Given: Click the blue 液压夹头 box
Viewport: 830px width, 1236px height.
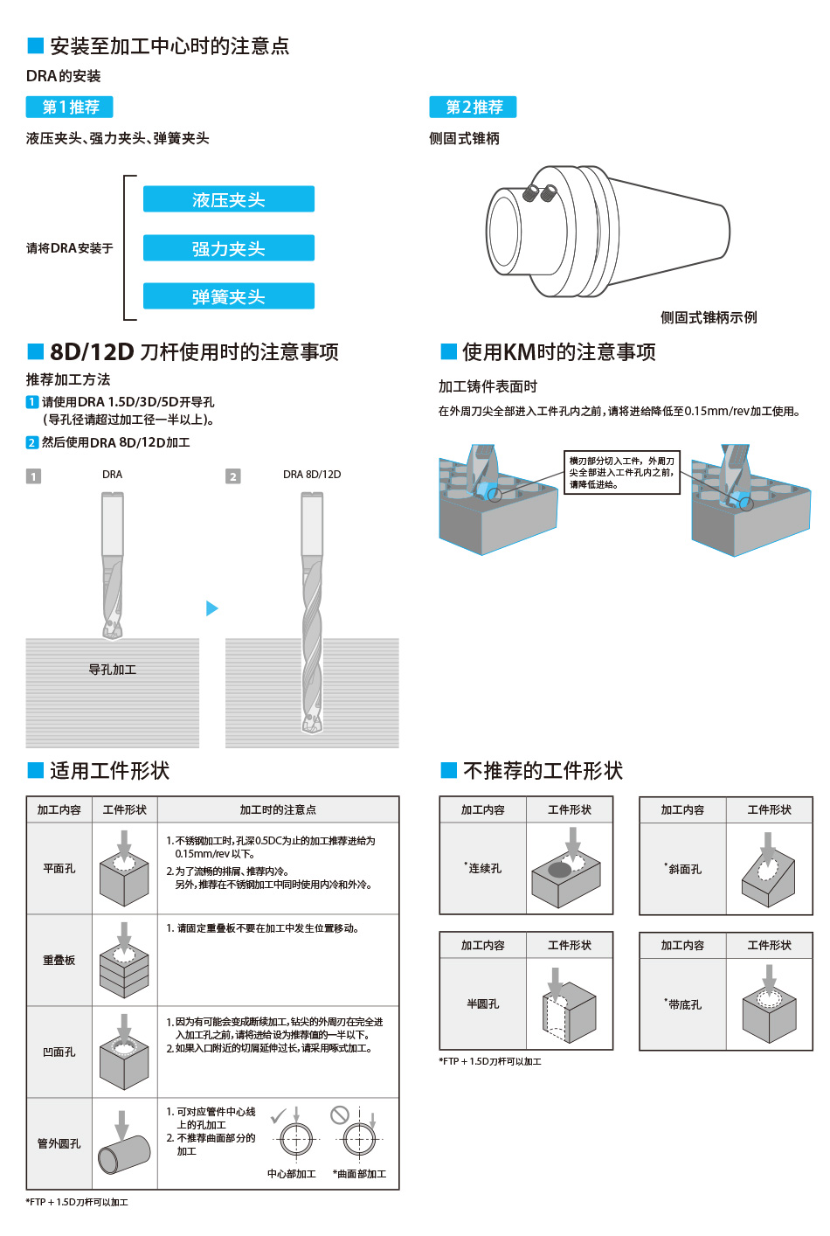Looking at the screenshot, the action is click(x=228, y=198).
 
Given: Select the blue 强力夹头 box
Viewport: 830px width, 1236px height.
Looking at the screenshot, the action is click(x=228, y=247).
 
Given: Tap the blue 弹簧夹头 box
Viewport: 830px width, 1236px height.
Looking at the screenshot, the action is click(x=228, y=295).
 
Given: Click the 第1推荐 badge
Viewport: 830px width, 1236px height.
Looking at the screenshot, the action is click(x=70, y=107).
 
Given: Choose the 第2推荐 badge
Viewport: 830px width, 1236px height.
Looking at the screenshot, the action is click(x=473, y=107).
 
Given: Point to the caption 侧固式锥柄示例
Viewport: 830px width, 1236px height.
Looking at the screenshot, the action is click(x=709, y=317).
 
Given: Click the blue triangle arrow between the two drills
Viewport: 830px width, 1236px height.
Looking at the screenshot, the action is click(x=211, y=608).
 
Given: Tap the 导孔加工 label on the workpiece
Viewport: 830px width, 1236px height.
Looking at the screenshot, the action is click(x=113, y=670).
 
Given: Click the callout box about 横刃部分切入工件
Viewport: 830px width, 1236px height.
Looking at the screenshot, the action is click(x=621, y=472).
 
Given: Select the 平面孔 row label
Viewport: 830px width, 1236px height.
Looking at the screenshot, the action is click(x=59, y=869).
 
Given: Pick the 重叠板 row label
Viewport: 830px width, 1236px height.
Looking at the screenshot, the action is click(x=59, y=960).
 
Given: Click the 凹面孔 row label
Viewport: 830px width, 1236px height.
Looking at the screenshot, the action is click(x=59, y=1052).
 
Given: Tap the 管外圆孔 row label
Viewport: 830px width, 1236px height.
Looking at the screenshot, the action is click(x=59, y=1144).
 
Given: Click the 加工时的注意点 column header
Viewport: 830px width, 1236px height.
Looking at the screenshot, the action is click(x=278, y=809).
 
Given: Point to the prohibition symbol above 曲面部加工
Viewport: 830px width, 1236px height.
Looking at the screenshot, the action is click(x=339, y=1115).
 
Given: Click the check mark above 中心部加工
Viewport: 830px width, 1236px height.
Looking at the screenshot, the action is click(x=279, y=1115).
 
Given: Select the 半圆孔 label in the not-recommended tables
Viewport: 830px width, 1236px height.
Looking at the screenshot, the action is click(x=483, y=1004).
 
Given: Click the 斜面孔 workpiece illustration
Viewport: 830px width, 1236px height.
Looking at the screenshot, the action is click(x=768, y=870).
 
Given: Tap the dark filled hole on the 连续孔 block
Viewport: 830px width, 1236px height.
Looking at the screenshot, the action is click(x=560, y=870).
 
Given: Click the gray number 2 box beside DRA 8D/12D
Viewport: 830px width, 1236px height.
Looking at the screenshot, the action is click(x=232, y=476).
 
